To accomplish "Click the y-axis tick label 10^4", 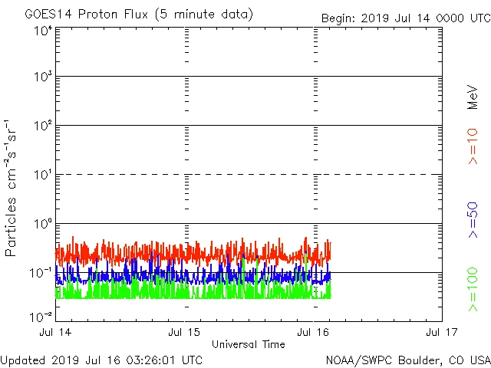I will pos(43,31).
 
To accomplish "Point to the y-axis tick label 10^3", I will pos(43,77).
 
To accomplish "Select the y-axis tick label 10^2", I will pos(43,127).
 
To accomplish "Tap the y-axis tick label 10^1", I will pos(43,176).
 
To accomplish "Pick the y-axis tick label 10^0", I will pos(43,225).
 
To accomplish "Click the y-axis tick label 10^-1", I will pos(41,273).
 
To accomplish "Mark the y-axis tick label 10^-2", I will pos(41,316).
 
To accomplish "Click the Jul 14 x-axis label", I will pos(56,332).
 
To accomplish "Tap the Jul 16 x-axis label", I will pos(314,332).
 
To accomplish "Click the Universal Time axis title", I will pos(249,344).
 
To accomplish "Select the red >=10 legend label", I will pos(473,146).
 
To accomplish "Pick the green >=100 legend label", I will pos(473,290).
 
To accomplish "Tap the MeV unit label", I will pos(473,96).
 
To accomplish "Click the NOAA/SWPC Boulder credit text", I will pos(407,360).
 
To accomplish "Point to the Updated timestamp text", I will pos(102,360).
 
